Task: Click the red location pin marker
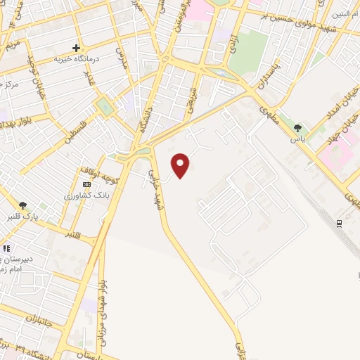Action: point(181,165)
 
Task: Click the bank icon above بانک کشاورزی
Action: point(86,184)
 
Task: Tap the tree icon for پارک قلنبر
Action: point(24,205)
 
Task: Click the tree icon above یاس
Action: point(297,128)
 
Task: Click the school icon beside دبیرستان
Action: point(6,248)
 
